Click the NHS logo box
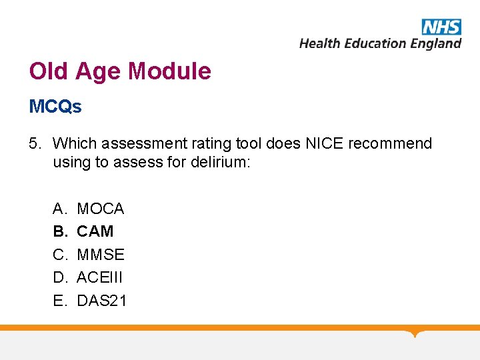click(441, 27)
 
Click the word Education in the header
click(374, 44)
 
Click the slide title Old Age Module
click(120, 71)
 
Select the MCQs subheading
click(55, 107)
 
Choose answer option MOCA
click(101, 209)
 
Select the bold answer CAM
click(95, 231)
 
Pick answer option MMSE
click(101, 255)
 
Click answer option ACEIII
click(100, 277)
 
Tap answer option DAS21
click(101, 301)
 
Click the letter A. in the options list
click(59, 209)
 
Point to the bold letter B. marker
click(59, 231)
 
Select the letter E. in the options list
click(59, 301)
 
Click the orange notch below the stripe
click(416, 333)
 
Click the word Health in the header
click(319, 44)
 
